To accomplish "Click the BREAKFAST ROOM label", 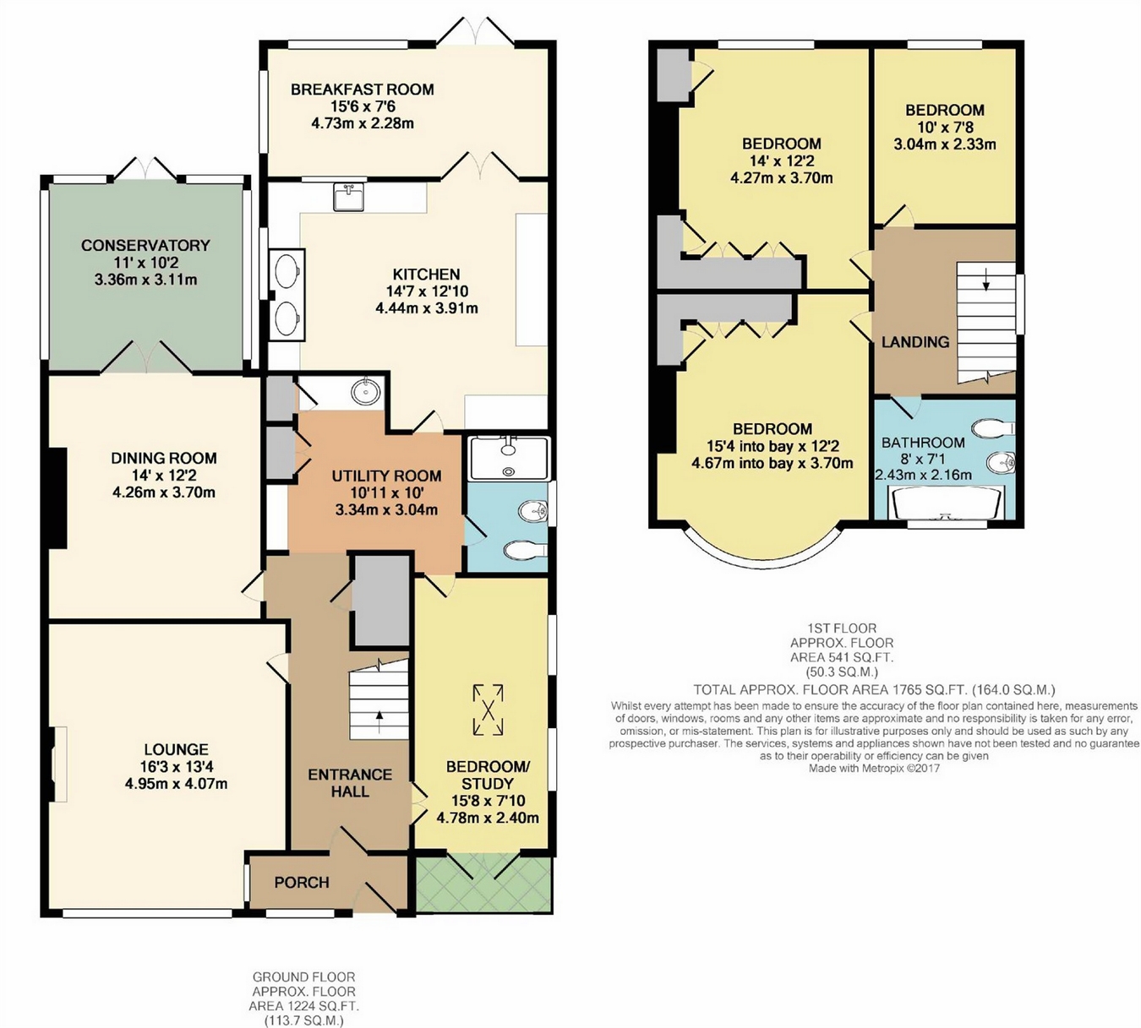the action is (363, 90).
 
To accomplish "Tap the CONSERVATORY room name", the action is (145, 245).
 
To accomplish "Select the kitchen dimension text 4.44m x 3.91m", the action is (427, 308).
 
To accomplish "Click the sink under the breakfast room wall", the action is (349, 197).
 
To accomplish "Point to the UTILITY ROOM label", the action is (387, 476).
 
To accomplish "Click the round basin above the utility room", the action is (363, 392).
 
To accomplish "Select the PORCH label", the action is (302, 883).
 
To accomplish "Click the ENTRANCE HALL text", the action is (350, 783).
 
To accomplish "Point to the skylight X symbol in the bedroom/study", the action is (488, 710).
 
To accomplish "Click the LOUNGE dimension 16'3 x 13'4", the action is (176, 766).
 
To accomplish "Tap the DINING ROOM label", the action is (164, 458).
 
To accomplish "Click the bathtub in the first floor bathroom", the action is (947, 503).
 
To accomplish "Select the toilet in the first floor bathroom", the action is (993, 427).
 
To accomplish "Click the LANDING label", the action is (915, 342).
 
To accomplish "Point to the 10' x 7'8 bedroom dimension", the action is (945, 128).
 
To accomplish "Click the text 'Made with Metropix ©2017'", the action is (874, 768).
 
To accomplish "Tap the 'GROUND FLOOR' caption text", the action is (303, 976).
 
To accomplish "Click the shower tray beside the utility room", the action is (509, 459).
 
